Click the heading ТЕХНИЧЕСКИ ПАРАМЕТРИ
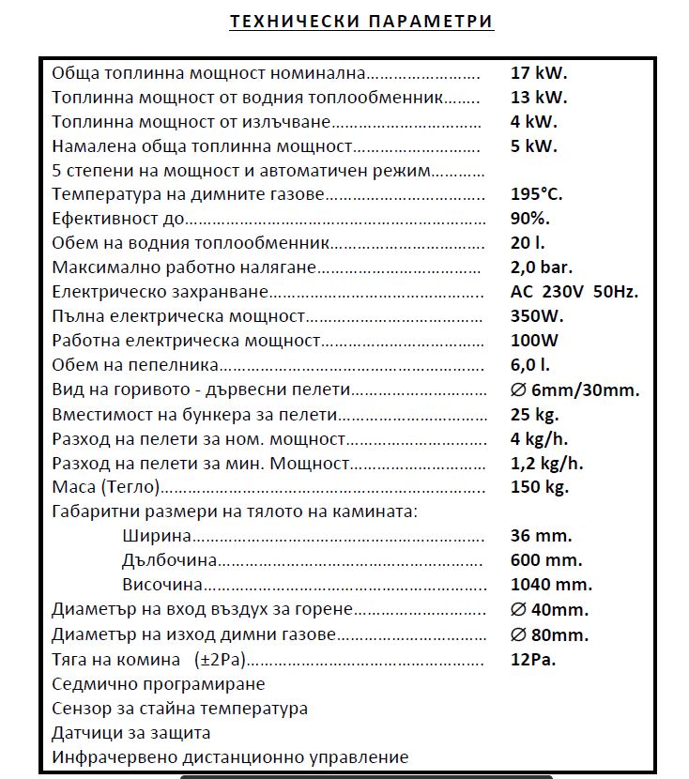click(361, 21)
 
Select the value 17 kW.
click(539, 72)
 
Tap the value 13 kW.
click(539, 97)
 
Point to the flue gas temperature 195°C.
click(536, 194)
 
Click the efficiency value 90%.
click(530, 219)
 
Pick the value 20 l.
click(527, 243)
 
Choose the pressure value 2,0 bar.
click(542, 267)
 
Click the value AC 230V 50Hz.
click(574, 292)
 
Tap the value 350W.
click(536, 316)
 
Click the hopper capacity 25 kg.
click(534, 414)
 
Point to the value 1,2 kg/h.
click(547, 463)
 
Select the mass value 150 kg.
click(539, 487)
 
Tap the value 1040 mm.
click(551, 585)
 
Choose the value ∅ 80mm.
click(549, 634)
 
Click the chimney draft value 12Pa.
click(533, 659)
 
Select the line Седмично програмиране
click(158, 684)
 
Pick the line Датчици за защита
click(131, 733)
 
